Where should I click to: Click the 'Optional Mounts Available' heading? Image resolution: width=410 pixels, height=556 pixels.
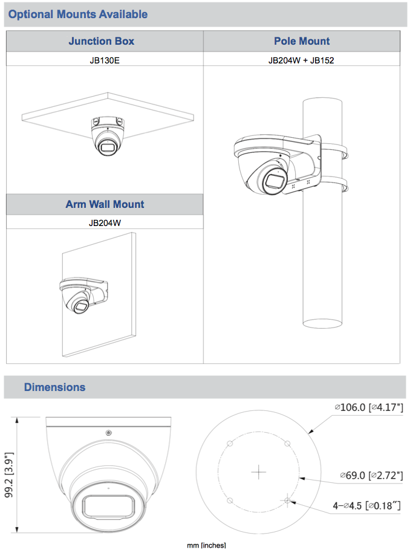(x=78, y=14)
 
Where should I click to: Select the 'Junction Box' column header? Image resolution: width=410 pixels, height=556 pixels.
(x=101, y=41)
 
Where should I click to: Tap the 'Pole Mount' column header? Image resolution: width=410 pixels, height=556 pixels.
(x=302, y=41)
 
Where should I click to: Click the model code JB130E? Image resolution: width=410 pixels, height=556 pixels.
(x=104, y=60)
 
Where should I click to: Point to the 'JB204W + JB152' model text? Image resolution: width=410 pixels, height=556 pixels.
(x=302, y=60)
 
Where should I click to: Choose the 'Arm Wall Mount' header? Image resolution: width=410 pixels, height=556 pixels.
(x=105, y=204)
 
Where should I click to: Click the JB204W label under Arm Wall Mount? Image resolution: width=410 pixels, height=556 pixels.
(x=105, y=222)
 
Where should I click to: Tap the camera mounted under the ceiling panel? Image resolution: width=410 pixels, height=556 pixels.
(x=107, y=137)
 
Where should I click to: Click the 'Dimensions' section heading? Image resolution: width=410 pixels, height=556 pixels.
(x=54, y=387)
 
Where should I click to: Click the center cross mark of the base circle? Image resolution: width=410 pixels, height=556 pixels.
(x=259, y=471)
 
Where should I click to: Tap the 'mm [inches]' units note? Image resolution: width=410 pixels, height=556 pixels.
(x=206, y=546)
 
